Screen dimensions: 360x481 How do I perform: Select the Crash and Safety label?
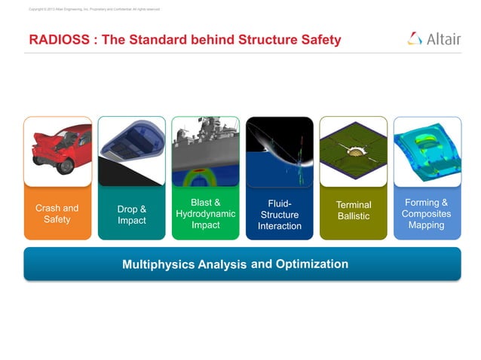tap(57, 214)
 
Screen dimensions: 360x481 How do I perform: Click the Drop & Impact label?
tap(131, 215)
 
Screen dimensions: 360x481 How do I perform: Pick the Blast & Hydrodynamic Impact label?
tap(205, 214)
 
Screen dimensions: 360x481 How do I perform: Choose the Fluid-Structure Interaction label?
tap(279, 215)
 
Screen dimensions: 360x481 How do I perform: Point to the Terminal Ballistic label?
tap(353, 211)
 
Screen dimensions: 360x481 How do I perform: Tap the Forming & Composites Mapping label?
tap(427, 214)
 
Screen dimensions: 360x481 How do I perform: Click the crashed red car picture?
tap(57, 151)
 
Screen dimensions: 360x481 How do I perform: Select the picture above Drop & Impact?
tap(131, 151)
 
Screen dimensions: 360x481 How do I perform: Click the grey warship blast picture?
tap(205, 151)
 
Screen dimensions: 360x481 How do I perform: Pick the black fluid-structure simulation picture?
tap(279, 151)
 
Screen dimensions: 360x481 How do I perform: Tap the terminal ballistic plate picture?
tap(353, 151)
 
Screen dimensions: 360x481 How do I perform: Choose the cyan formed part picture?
tap(427, 151)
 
